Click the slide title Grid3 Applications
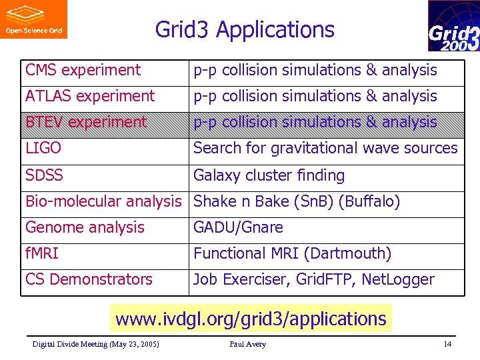245,30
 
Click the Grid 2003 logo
453,26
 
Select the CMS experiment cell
83,70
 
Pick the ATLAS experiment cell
89,96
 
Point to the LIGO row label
43,148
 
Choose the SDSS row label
44,175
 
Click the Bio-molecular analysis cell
103,201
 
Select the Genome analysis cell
85,227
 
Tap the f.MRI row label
43,253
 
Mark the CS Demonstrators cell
89,279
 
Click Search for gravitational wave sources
325,148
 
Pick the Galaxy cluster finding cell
269,175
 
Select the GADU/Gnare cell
238,227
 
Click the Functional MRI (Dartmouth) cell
292,253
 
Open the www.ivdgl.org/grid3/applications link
251,319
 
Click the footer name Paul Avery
247,344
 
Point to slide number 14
447,344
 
